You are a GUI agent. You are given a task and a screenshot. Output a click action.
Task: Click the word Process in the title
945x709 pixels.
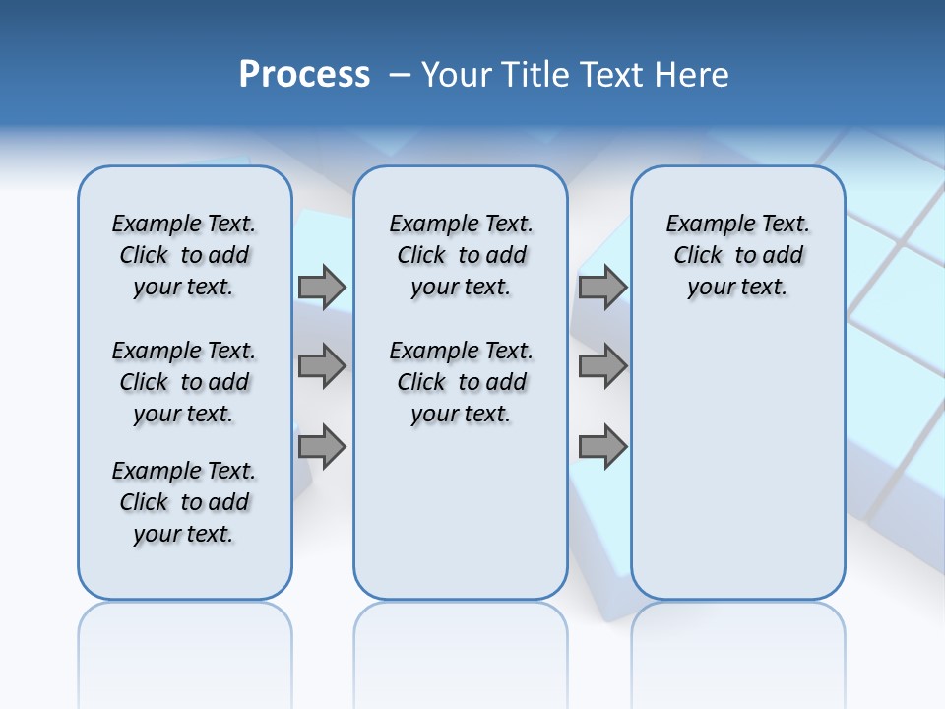click(304, 75)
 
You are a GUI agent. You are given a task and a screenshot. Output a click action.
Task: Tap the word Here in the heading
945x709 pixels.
click(693, 75)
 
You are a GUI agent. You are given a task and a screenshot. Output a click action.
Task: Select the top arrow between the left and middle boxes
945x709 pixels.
click(322, 287)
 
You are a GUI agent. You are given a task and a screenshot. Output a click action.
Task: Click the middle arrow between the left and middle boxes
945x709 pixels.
click(322, 366)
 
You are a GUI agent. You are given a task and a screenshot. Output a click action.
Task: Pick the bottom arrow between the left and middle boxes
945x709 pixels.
click(322, 446)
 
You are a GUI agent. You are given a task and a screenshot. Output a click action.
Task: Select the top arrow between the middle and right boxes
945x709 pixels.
click(602, 287)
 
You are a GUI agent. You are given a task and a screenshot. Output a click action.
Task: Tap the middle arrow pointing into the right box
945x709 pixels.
click(602, 366)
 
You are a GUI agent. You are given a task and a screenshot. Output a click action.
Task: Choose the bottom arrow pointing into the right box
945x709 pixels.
click(602, 446)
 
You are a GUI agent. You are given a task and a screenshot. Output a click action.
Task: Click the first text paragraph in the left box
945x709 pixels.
click(184, 255)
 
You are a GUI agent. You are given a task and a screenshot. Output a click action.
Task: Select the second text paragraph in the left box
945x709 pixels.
click(184, 382)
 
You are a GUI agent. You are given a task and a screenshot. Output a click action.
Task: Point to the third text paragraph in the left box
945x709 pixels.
click(184, 502)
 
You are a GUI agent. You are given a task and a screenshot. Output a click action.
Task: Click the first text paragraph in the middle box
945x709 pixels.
click(461, 255)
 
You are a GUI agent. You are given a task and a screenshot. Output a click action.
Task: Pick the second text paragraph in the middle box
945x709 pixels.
click(461, 382)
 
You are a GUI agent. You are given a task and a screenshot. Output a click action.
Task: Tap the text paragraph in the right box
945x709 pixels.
click(737, 255)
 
